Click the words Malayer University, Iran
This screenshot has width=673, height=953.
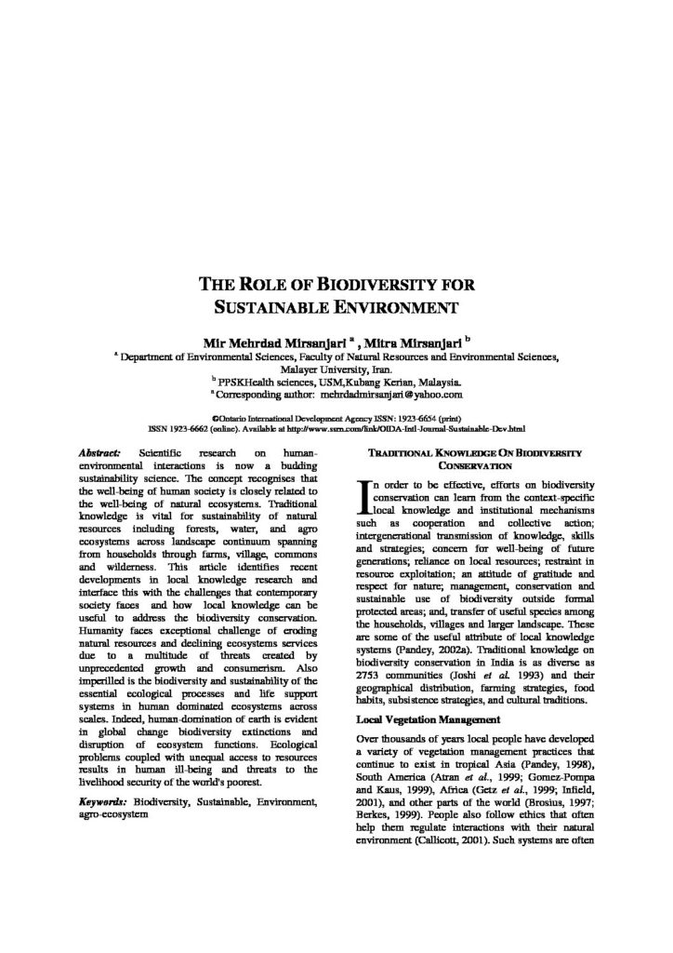click(336, 368)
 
